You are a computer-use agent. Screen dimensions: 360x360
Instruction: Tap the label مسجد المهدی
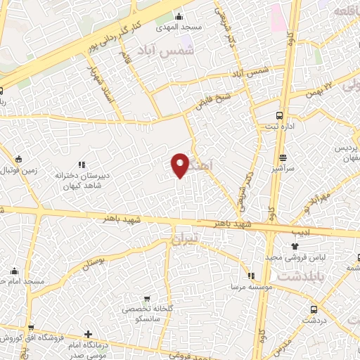181,27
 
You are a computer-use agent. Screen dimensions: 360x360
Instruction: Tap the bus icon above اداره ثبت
280,115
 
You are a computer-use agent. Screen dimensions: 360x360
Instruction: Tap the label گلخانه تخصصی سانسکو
146,314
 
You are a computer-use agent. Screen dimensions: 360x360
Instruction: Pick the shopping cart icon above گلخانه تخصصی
146,299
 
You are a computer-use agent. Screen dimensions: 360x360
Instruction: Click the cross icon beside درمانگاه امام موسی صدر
88,334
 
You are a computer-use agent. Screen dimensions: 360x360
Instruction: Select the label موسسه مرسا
250,288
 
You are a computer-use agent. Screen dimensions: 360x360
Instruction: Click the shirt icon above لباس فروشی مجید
295,246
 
